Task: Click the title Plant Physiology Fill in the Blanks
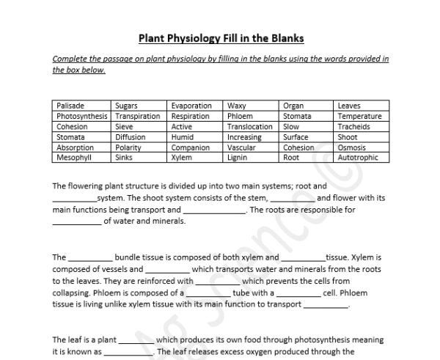(221, 37)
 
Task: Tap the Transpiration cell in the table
(137, 117)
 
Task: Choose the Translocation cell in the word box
(249, 127)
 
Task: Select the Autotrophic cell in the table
(358, 158)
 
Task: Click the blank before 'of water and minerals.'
(77, 223)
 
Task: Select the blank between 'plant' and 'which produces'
(136, 342)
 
